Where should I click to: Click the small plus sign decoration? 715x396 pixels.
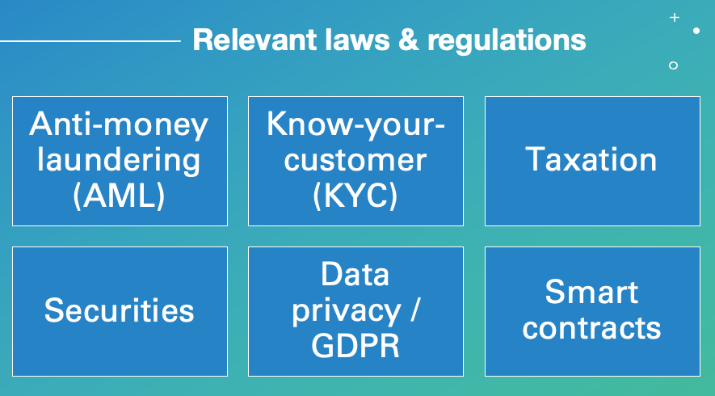(675, 17)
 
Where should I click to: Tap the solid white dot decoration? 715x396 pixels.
(696, 31)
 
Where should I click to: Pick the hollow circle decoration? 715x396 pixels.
(673, 65)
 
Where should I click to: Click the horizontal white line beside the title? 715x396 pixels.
(90, 41)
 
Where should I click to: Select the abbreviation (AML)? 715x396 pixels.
(119, 196)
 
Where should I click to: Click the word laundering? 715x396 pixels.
(119, 161)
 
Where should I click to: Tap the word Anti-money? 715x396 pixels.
(119, 125)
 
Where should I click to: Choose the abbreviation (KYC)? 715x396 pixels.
(355, 196)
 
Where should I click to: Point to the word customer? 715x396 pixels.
(355, 161)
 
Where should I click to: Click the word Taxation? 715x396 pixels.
(591, 160)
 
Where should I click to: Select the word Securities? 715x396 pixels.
(119, 310)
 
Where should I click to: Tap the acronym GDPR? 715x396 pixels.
(355, 346)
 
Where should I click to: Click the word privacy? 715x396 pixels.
(347, 312)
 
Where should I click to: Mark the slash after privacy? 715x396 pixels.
(414, 310)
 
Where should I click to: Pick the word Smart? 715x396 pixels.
(591, 292)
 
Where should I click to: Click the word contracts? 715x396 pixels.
(591, 328)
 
